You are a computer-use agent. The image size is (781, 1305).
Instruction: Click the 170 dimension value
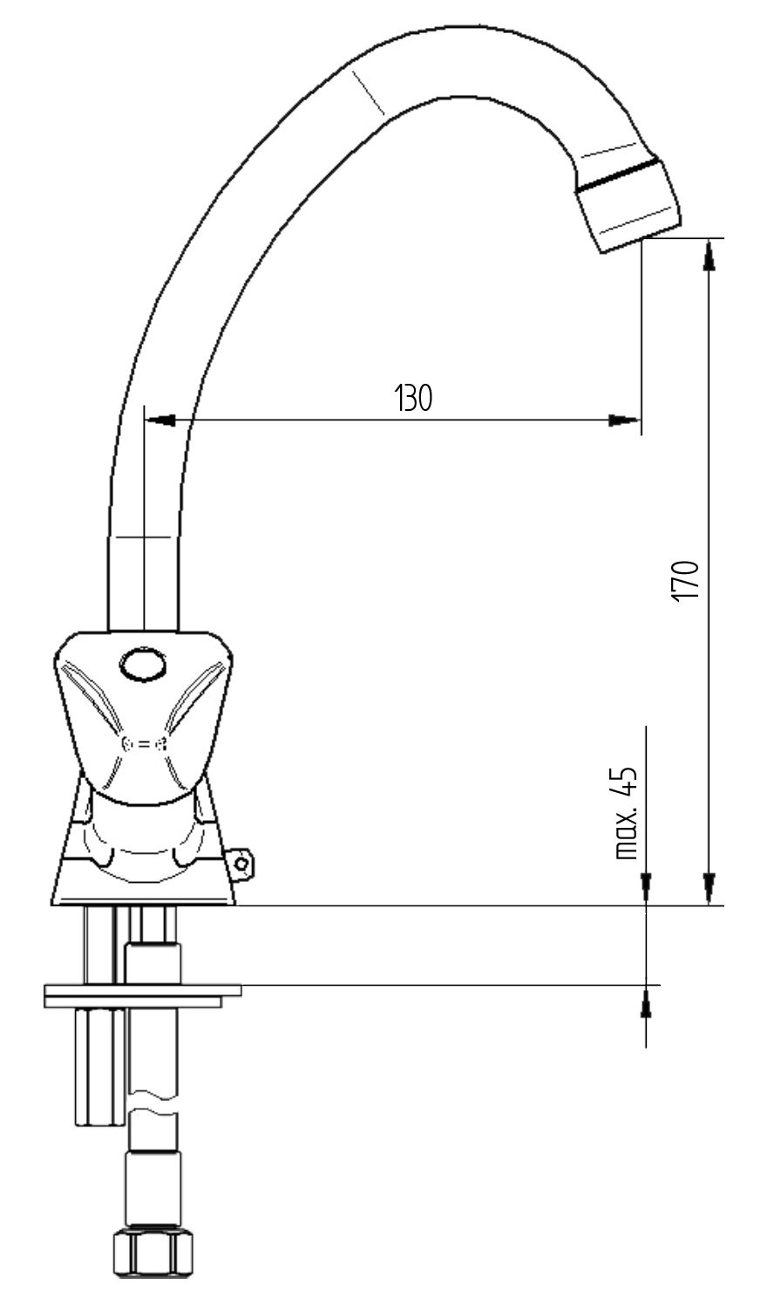[685, 578]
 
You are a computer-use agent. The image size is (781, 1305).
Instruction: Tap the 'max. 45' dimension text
[627, 814]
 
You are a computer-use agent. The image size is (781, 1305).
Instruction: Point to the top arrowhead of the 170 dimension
[710, 254]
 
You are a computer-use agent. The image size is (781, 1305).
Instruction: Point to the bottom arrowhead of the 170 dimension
[710, 890]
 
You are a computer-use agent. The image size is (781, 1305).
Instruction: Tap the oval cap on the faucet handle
[143, 666]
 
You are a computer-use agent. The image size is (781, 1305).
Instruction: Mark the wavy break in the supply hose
[153, 1101]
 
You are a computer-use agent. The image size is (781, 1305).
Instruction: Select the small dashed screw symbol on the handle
[143, 744]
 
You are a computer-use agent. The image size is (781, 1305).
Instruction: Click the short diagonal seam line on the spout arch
[368, 92]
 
